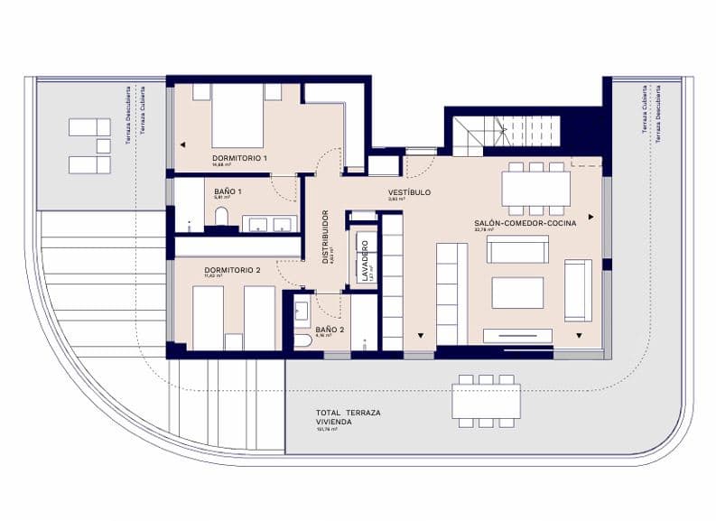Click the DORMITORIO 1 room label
coord(239,158)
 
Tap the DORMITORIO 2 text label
coord(232,270)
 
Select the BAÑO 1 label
coord(228,192)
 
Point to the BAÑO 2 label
coord(330,330)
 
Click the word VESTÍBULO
coord(409,192)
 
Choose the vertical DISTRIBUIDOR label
coord(326,236)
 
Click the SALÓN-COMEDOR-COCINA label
coord(525,222)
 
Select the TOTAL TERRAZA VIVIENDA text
coord(336,416)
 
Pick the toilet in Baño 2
coord(303,340)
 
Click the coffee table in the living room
coord(517,293)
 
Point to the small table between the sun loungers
coord(102,145)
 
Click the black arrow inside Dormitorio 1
coord(182,144)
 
